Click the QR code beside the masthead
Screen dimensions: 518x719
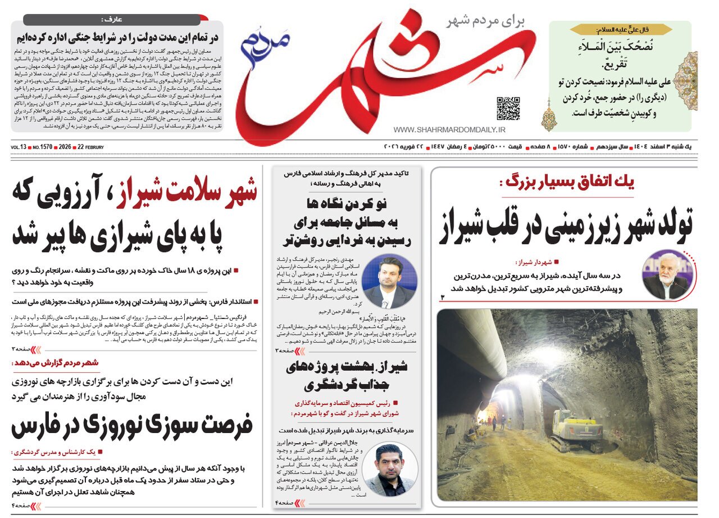click(508, 109)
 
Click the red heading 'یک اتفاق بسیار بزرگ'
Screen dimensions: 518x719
click(568, 182)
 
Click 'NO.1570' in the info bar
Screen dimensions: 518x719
click(43, 147)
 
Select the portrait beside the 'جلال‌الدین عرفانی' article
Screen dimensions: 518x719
click(389, 470)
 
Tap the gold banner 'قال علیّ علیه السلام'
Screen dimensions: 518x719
click(620, 29)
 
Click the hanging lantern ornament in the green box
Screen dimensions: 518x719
click(548, 115)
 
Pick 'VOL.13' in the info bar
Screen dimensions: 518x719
click(19, 147)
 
